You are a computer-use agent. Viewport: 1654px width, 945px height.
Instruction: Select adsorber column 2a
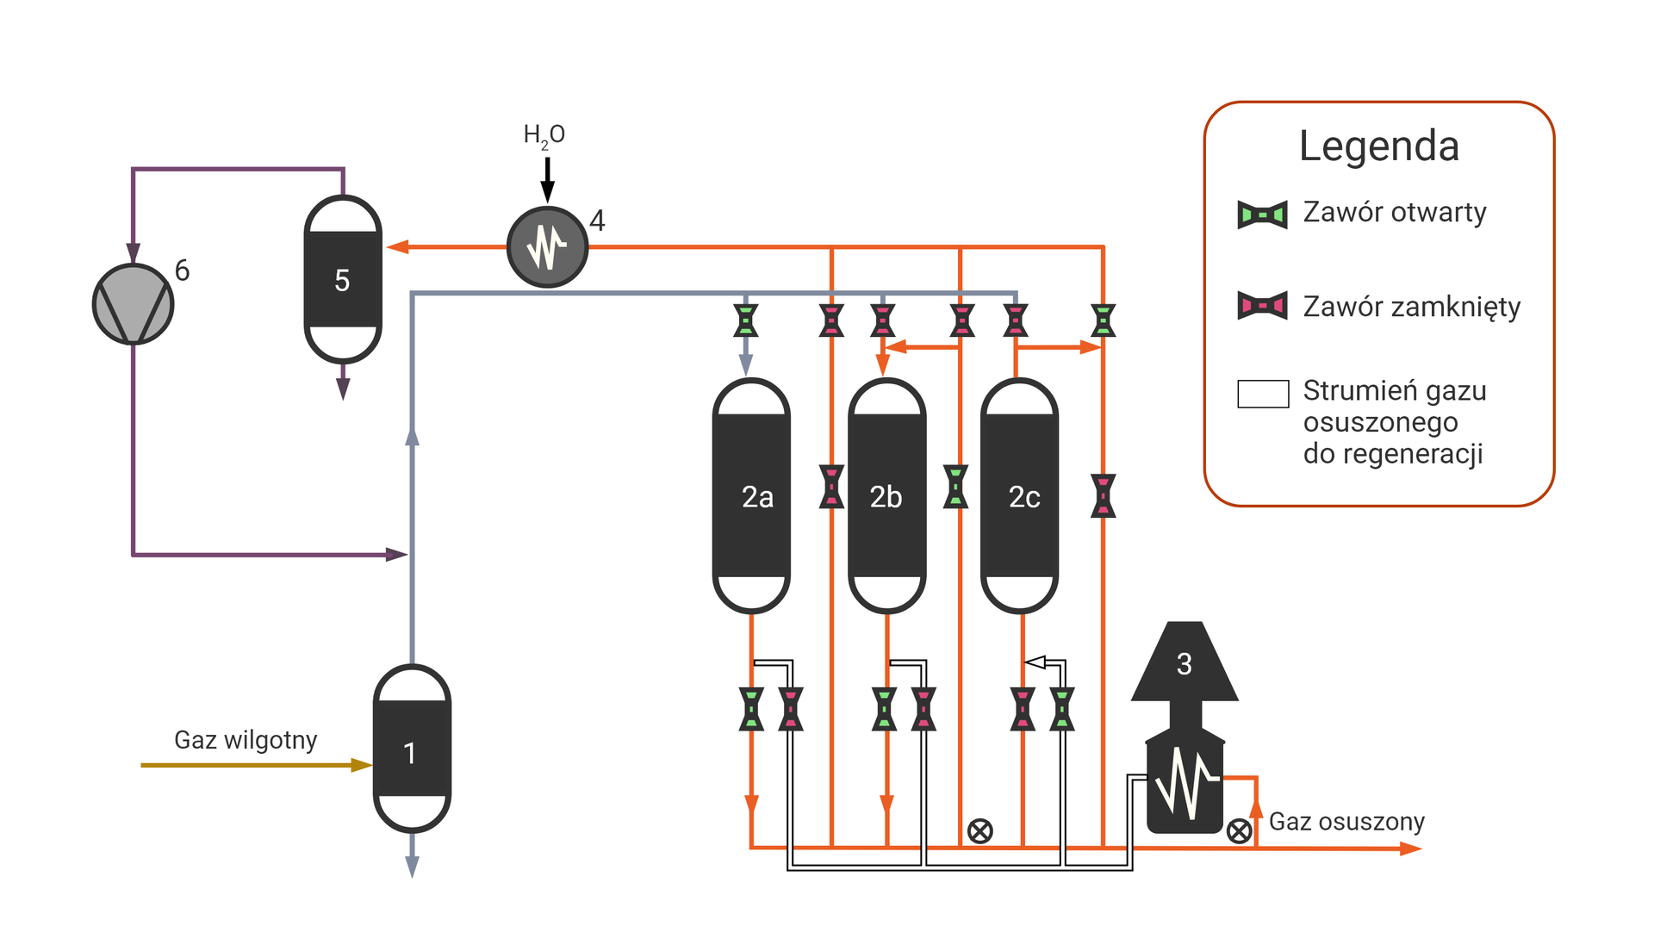(x=751, y=496)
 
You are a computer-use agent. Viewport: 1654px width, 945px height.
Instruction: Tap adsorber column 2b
(x=886, y=496)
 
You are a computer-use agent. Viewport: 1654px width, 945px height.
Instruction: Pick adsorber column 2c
(x=1020, y=496)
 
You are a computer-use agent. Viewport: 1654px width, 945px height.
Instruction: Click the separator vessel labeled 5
(x=343, y=279)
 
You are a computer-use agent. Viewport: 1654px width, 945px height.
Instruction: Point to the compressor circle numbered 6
(x=133, y=304)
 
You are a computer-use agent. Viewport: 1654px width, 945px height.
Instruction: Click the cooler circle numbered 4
(x=547, y=247)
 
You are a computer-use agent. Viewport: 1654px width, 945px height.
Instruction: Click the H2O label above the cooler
(x=544, y=135)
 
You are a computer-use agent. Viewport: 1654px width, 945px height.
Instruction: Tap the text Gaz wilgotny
(x=246, y=740)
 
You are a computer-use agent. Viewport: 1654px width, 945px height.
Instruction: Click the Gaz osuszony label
(x=1346, y=821)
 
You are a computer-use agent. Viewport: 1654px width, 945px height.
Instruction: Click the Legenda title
(x=1378, y=146)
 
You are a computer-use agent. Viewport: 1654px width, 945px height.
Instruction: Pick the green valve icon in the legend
(x=1262, y=214)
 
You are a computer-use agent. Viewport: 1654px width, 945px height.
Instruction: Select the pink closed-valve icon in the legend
(x=1262, y=306)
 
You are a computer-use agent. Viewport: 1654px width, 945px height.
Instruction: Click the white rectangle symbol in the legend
(x=1263, y=394)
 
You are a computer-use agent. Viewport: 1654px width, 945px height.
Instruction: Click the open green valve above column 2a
(x=746, y=320)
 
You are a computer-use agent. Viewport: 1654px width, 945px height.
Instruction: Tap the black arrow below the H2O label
(x=547, y=181)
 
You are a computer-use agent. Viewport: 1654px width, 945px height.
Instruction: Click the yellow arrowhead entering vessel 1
(x=362, y=765)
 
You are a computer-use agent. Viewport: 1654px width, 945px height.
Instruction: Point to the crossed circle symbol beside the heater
(x=1239, y=830)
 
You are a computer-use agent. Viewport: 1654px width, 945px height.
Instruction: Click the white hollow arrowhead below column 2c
(x=1035, y=662)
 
